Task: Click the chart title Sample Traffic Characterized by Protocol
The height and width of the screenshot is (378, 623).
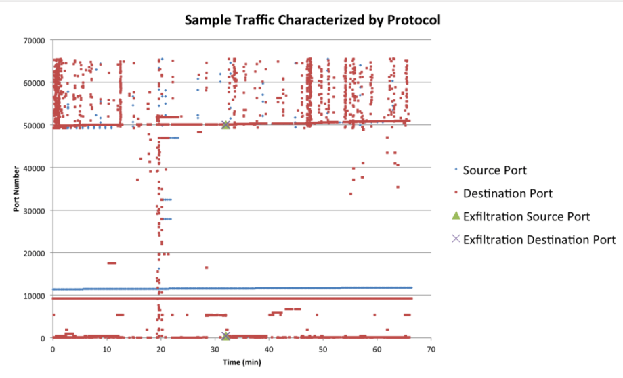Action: pos(313,20)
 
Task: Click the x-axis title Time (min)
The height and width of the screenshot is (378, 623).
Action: pos(241,363)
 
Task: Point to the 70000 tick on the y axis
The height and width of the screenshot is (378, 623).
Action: pos(33,41)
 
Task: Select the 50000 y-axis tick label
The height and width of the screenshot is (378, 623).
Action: pos(33,126)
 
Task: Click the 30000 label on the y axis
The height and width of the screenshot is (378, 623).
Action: pos(33,211)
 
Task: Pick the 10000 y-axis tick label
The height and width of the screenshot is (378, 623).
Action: pos(33,296)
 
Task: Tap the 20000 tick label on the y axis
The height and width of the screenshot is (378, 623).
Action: pos(33,254)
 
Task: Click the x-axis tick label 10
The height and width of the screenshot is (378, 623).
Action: pos(106,350)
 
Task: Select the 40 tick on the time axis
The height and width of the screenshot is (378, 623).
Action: pos(269,350)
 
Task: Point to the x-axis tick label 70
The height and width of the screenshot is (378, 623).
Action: pos(431,350)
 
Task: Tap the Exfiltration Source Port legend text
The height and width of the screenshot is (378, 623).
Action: pos(527,216)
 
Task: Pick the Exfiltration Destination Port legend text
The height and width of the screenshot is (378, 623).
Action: pos(539,239)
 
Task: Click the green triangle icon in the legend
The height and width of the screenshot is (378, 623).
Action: pos(456,216)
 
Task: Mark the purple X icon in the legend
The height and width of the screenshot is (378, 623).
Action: pos(456,239)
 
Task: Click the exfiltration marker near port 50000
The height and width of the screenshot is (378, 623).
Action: pos(225,125)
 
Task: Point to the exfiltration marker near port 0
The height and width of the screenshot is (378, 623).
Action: pos(225,336)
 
